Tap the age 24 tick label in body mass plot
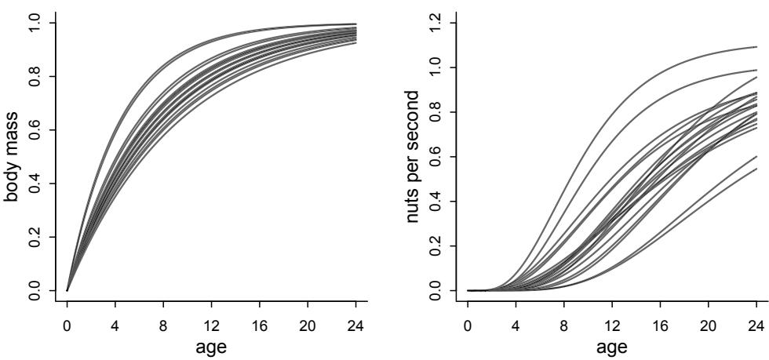(355, 322)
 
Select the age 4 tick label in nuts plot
(516, 322)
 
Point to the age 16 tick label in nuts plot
(660, 322)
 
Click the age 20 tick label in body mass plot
(308, 322)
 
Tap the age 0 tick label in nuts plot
(468, 322)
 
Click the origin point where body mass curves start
(67, 290)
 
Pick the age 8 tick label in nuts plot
(564, 322)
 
